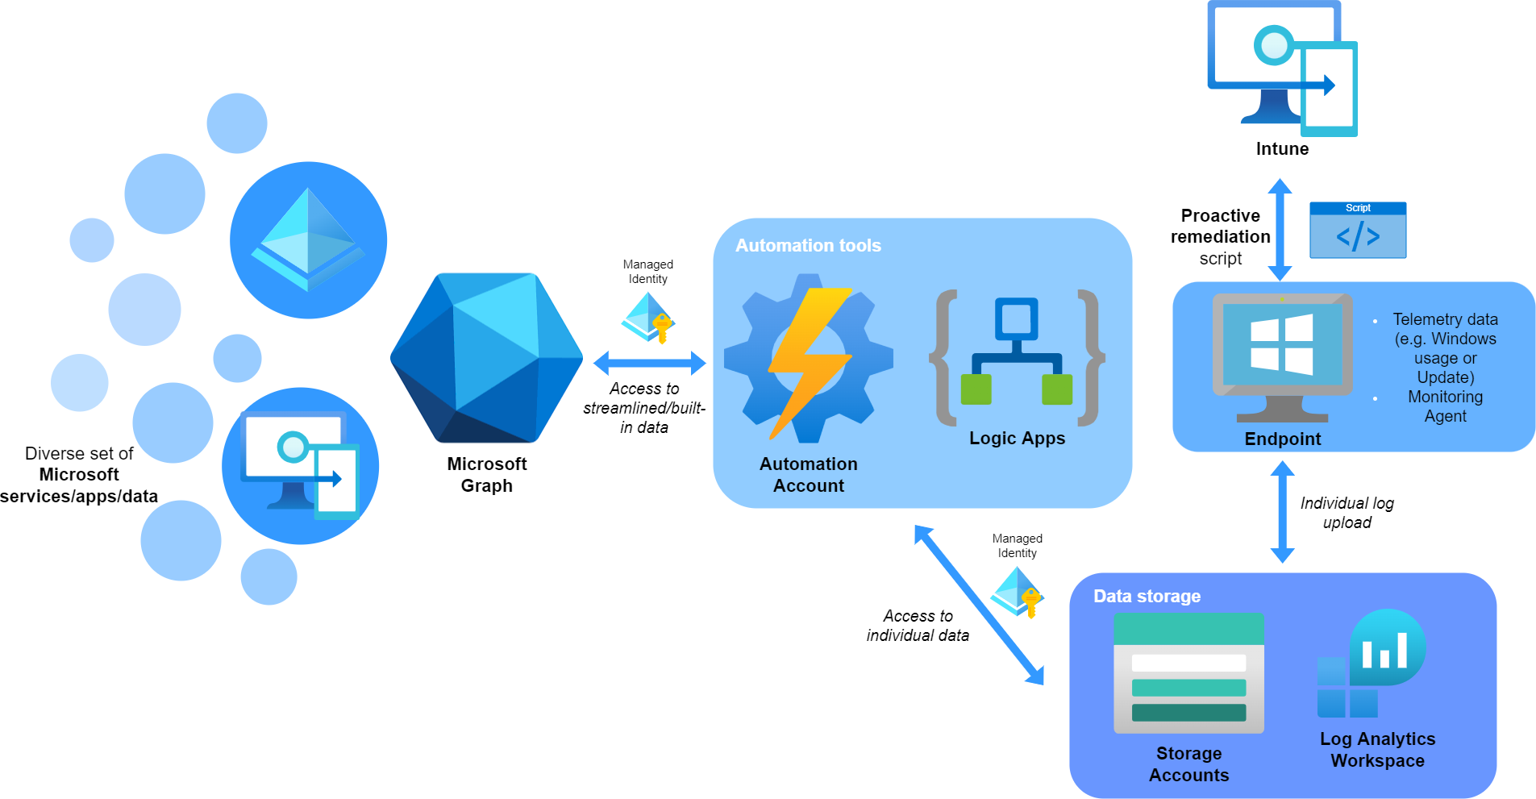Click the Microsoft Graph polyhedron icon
486,358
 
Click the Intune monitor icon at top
1281,69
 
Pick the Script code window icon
1357,231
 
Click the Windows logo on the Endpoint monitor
1281,344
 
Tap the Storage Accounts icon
1188,672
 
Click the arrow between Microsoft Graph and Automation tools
649,363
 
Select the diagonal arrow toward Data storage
979,605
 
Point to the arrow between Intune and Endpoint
1280,230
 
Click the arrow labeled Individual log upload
1282,511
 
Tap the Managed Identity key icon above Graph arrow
648,318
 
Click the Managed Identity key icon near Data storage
1018,592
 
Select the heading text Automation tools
807,245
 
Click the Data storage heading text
1146,596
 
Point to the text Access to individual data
918,626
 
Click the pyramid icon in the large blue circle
308,239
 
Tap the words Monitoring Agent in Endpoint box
1444,406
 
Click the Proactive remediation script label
1220,237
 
